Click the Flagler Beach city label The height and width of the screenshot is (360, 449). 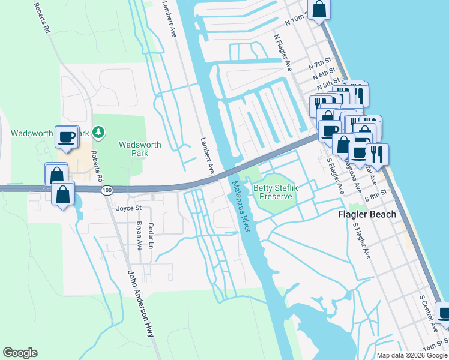367,214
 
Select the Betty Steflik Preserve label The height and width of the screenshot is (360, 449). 273,192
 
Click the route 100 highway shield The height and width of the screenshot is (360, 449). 107,190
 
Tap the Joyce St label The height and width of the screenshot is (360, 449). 128,208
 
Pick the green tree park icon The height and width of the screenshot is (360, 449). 101,131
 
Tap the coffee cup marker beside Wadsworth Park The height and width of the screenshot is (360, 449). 66,136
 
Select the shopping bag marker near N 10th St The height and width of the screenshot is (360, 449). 319,10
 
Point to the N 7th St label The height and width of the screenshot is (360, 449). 320,62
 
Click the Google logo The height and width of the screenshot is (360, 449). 20,353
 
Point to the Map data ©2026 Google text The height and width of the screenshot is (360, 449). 411,355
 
